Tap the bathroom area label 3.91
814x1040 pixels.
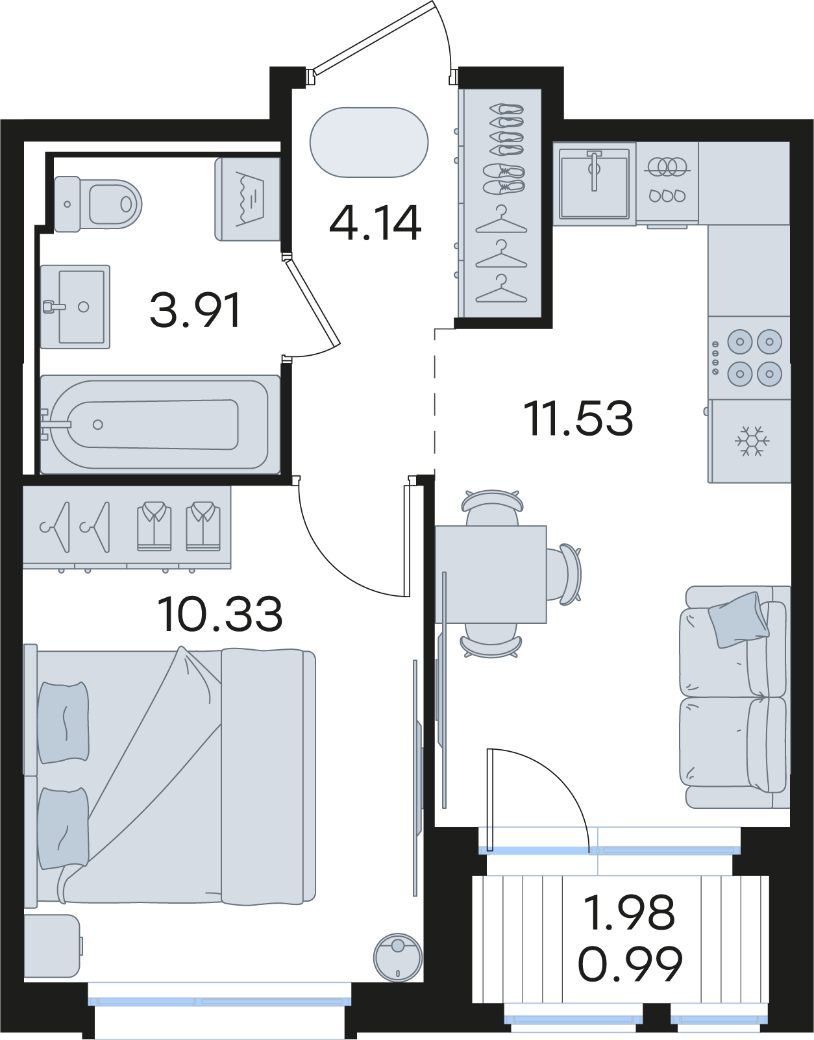click(x=195, y=310)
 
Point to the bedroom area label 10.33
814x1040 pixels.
click(x=219, y=614)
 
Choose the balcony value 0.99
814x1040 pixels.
click(x=630, y=963)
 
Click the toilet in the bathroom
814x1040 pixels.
click(x=98, y=204)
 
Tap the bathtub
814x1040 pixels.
click(x=160, y=425)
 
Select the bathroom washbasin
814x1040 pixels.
click(x=75, y=307)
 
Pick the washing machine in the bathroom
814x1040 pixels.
click(x=247, y=199)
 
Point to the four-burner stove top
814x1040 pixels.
click(x=749, y=358)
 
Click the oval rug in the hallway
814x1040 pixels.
click(x=369, y=143)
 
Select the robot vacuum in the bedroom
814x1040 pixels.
click(x=398, y=958)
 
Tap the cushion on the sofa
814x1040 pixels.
click(x=739, y=620)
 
